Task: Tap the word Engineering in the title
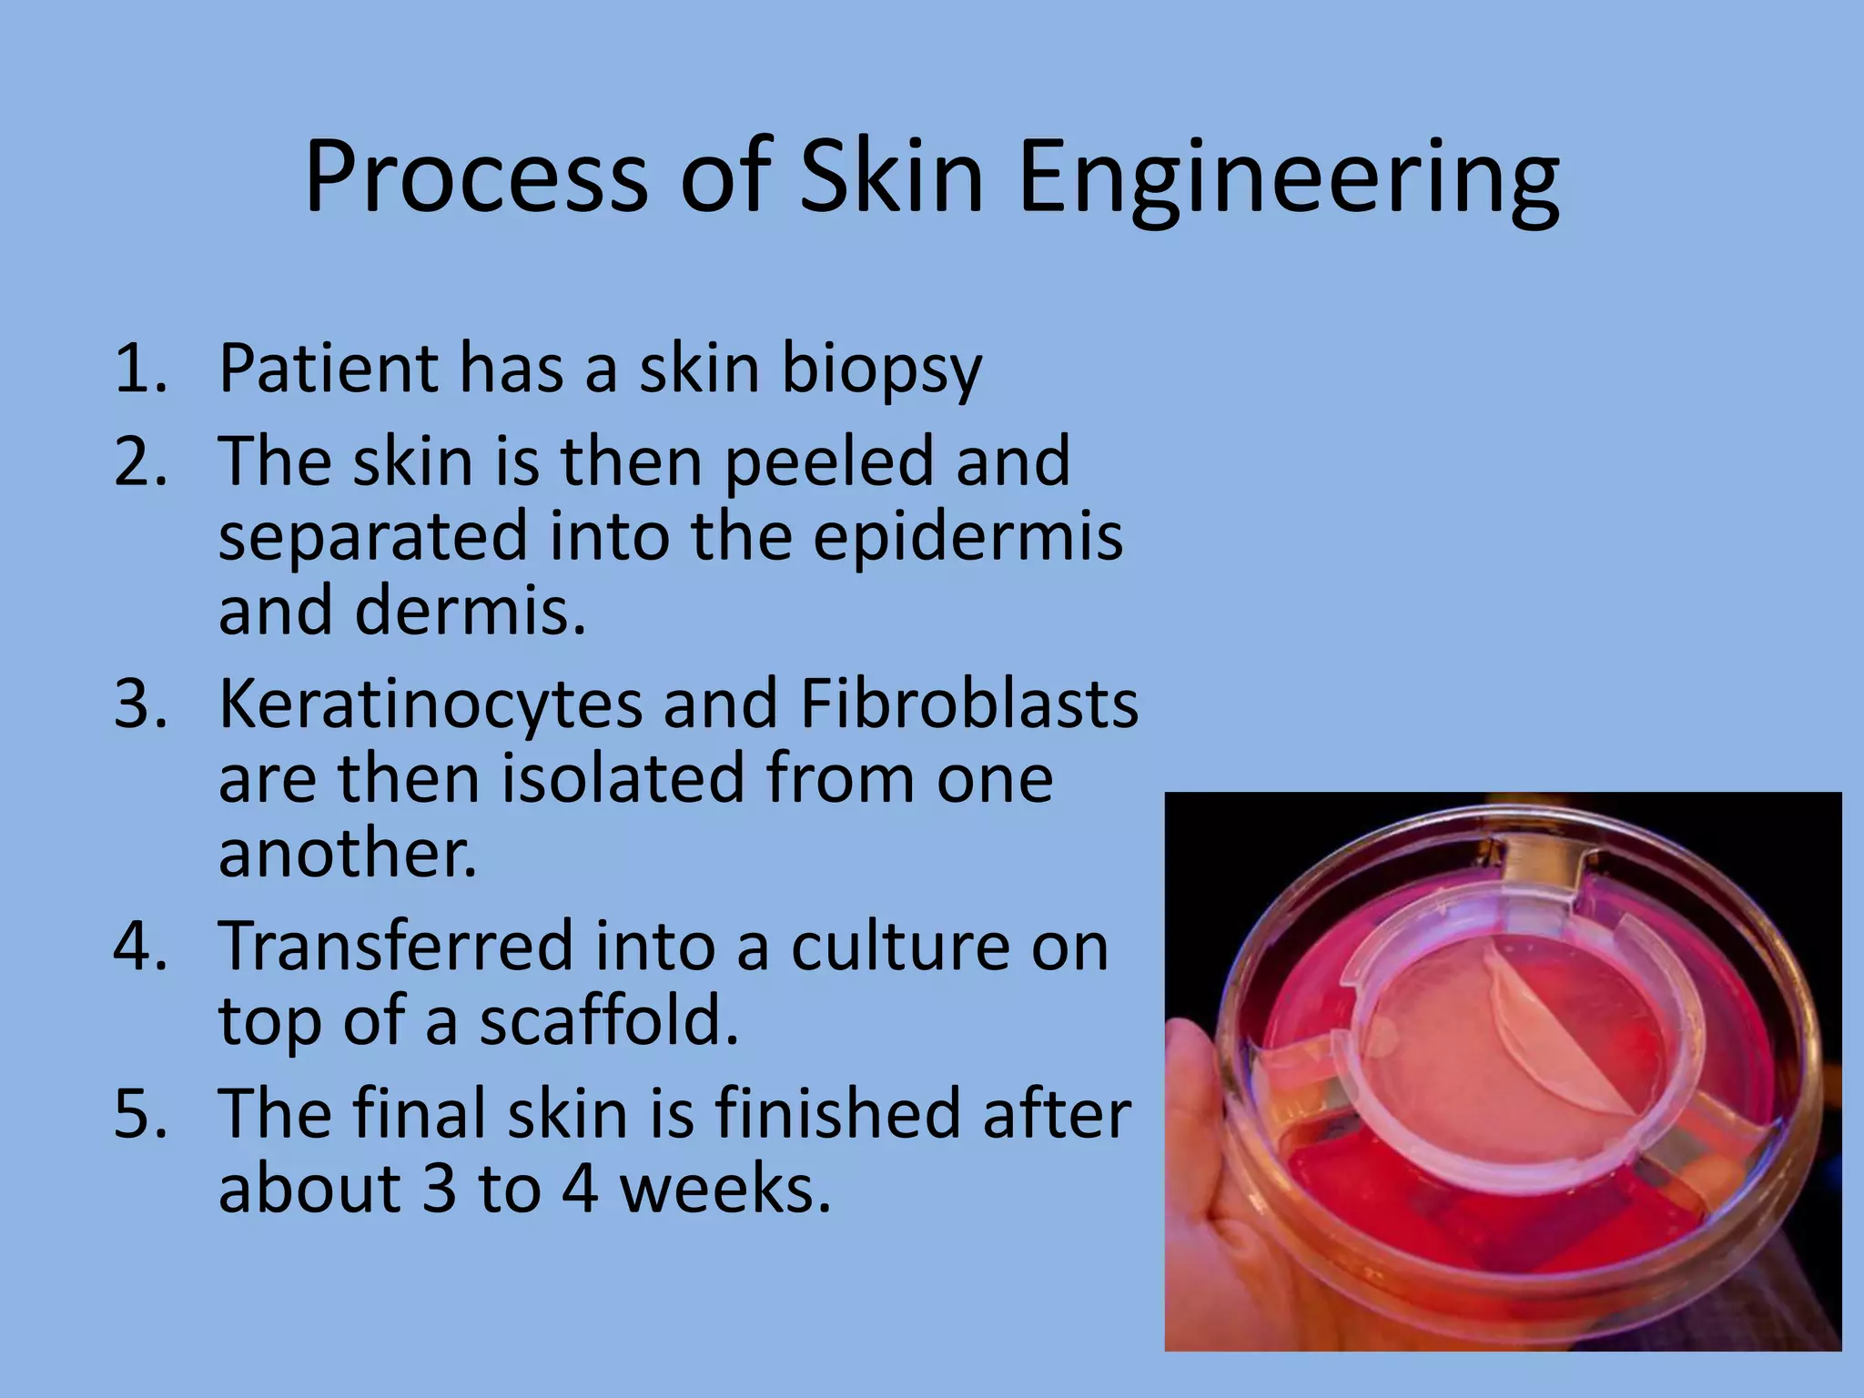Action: pyautogui.click(x=1288, y=179)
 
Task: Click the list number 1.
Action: pyautogui.click(x=139, y=369)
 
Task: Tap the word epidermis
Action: pyautogui.click(x=967, y=537)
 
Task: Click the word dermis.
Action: pyautogui.click(x=469, y=612)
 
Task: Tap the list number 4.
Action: pyautogui.click(x=139, y=947)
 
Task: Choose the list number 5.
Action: pyautogui.click(x=139, y=1114)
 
